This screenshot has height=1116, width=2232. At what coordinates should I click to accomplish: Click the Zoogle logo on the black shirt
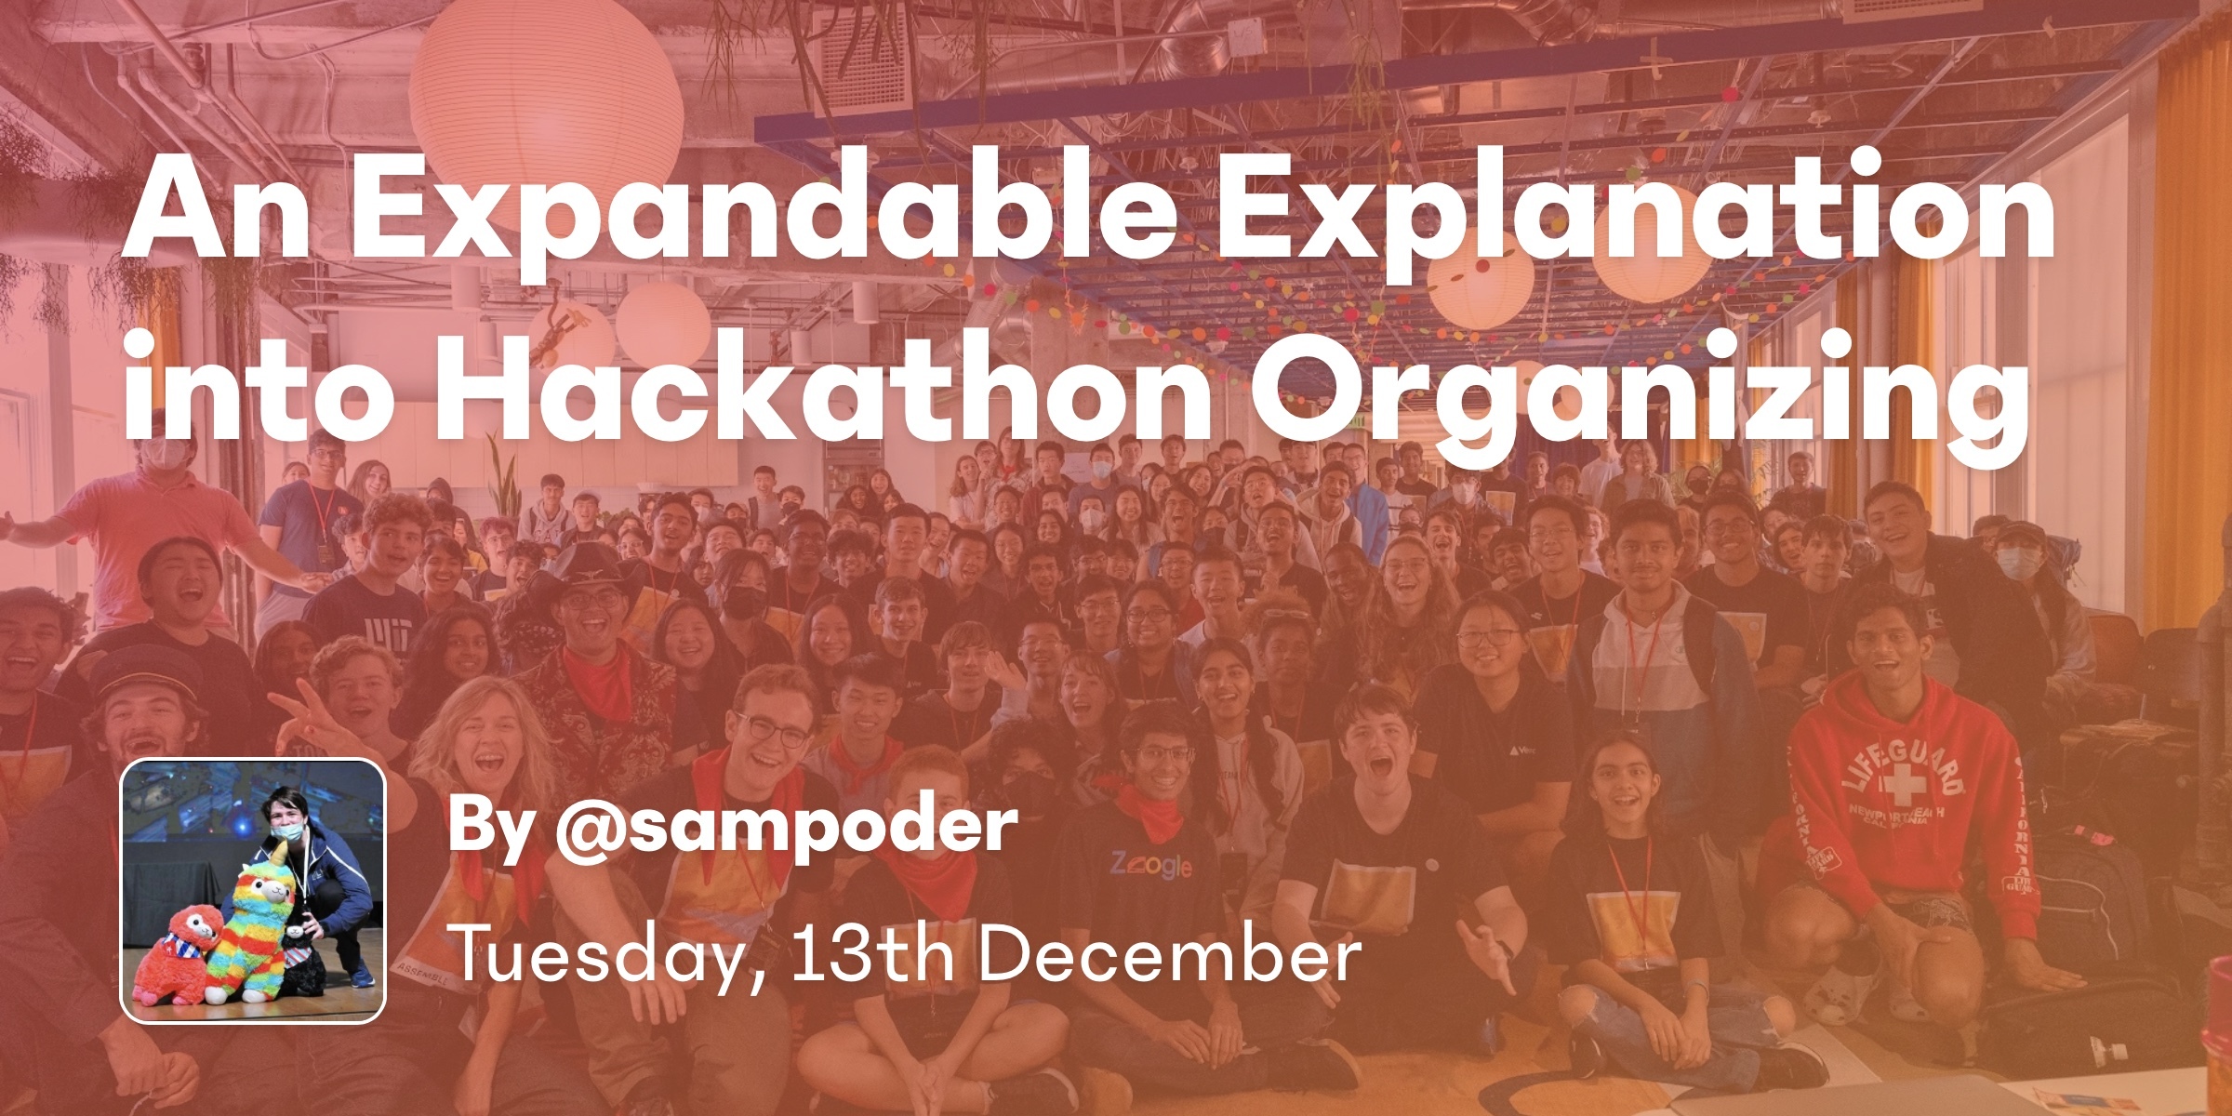point(1149,865)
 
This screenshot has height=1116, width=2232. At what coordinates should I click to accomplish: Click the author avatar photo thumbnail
point(253,892)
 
